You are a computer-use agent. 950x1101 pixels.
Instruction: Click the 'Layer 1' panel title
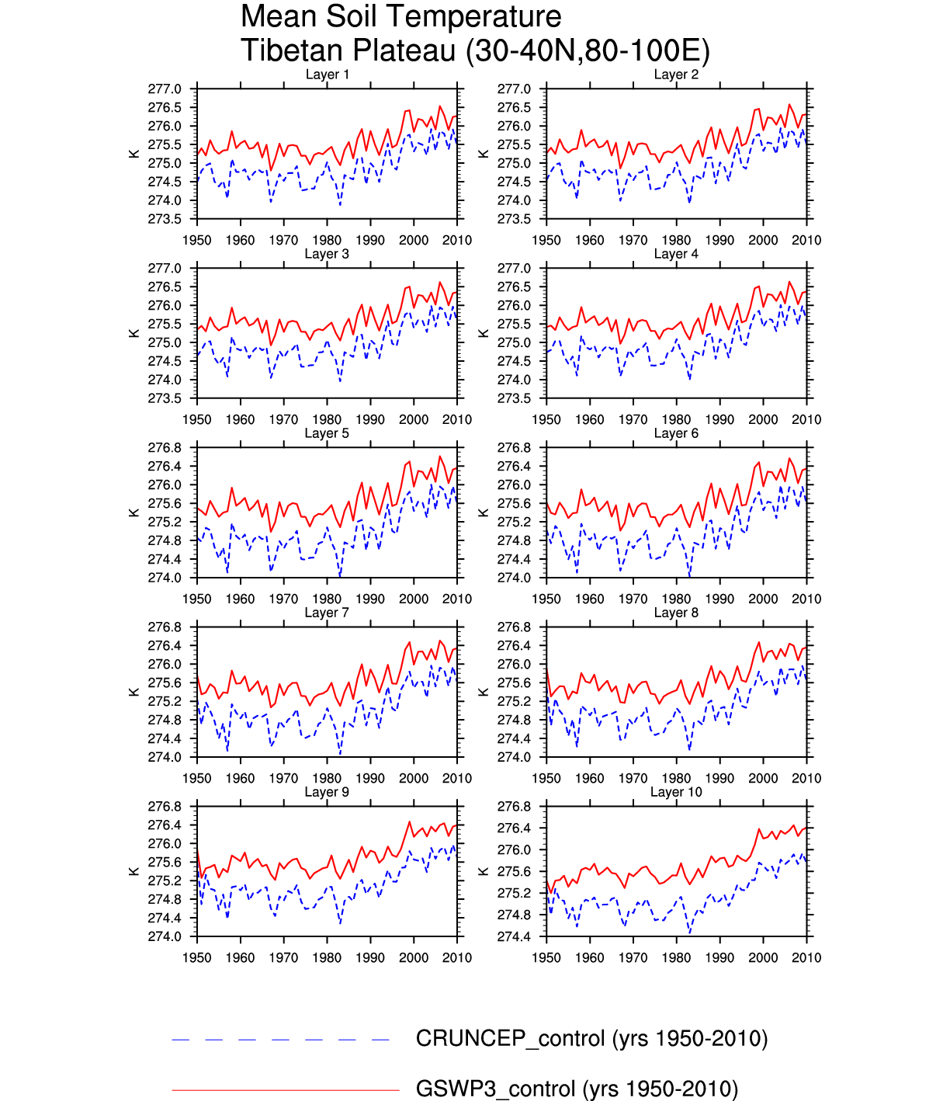pos(327,75)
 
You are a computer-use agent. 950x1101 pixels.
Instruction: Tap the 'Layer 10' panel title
pos(676,792)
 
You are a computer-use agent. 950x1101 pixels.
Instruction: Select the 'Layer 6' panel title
pos(676,433)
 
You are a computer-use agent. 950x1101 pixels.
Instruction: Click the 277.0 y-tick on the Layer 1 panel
pos(165,89)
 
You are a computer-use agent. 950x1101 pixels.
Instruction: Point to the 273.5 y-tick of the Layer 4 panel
pos(514,399)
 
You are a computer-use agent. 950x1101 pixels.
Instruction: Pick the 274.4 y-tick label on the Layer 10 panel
pos(514,937)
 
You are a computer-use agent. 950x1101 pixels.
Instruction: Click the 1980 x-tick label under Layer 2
pos(676,241)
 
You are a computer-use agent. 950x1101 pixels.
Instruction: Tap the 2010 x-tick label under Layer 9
pos(457,958)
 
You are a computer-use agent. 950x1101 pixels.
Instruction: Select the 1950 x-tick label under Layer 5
pos(197,599)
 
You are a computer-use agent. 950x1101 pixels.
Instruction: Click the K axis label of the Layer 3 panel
pos(134,333)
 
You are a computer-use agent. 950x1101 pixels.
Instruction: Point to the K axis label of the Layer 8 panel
pos(484,692)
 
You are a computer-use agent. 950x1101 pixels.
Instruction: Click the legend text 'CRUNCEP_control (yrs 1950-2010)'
pos(591,1039)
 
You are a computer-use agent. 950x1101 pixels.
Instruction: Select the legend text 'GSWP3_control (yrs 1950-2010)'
pos(577,1089)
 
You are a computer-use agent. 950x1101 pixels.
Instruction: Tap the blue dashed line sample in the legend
pos(281,1040)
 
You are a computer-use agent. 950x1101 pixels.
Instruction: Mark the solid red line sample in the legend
pos(285,1090)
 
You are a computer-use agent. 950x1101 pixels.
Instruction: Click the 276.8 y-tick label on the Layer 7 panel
pos(165,627)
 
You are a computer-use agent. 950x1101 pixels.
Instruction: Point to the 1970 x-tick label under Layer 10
pos(633,958)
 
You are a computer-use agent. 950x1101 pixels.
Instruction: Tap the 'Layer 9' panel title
pos(327,792)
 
